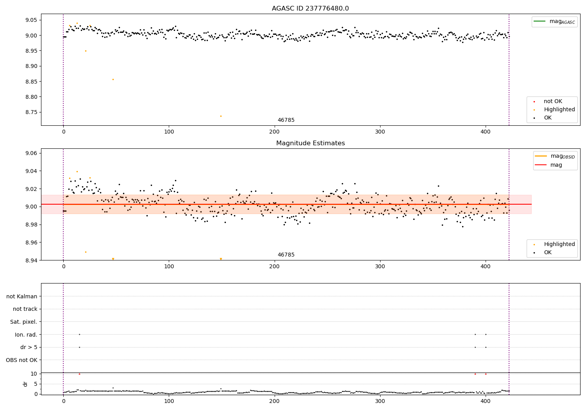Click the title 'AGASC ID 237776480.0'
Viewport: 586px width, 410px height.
[x=310, y=9]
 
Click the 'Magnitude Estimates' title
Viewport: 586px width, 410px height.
[x=310, y=143]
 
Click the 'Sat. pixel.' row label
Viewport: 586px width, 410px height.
[x=23, y=322]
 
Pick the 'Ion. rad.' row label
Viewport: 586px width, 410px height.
[x=26, y=335]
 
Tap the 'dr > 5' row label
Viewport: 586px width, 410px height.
[x=29, y=347]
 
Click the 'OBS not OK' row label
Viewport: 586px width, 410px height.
[x=21, y=360]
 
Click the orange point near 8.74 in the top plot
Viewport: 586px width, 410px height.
[x=221, y=116]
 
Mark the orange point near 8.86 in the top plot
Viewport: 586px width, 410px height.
[x=113, y=79]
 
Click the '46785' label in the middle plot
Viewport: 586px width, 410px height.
[x=286, y=255]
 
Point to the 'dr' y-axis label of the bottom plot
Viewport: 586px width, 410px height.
[x=25, y=384]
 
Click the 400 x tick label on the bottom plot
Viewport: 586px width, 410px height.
[x=486, y=401]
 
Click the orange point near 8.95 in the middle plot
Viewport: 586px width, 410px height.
[x=86, y=252]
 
